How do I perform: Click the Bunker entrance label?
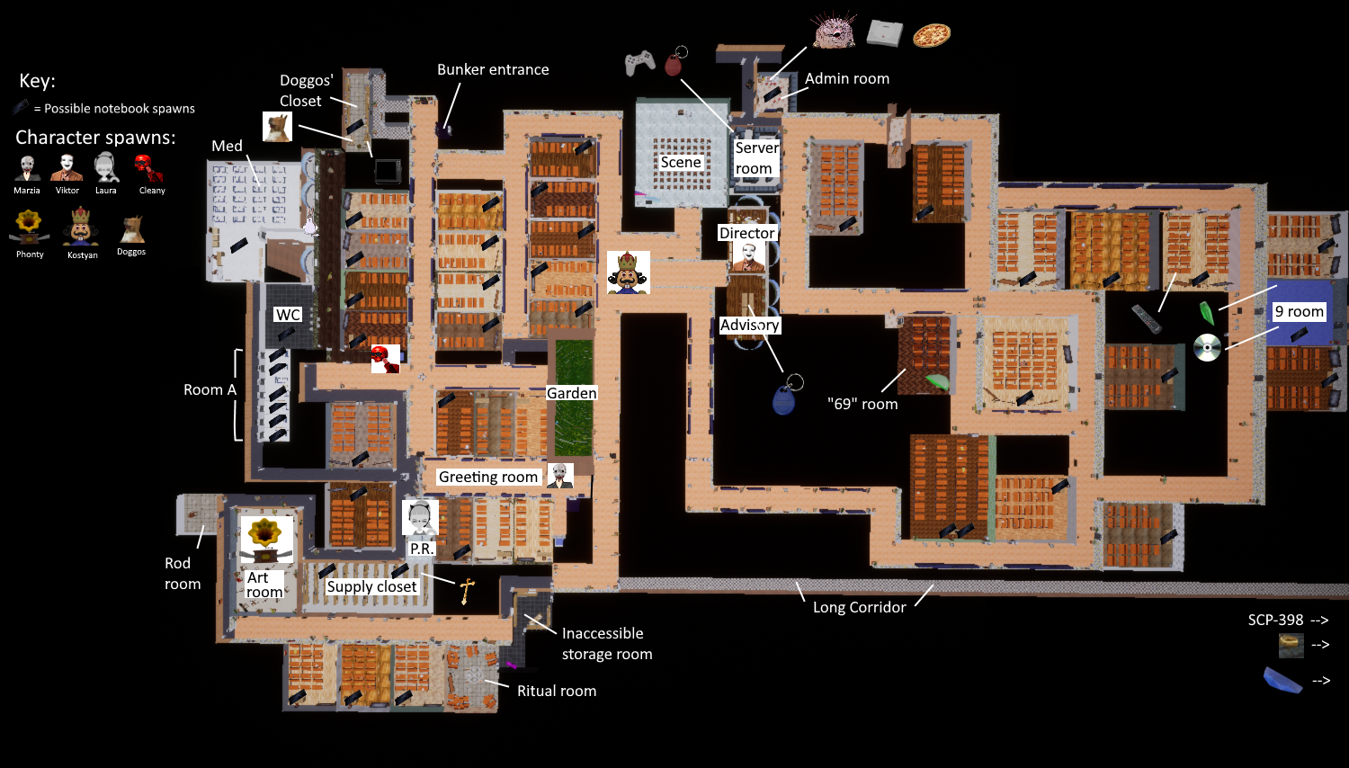pyautogui.click(x=493, y=69)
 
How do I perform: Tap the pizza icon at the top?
pyautogui.click(x=932, y=35)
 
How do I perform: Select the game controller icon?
pyautogui.click(x=639, y=62)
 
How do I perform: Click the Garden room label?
pyautogui.click(x=571, y=393)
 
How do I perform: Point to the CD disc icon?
pyautogui.click(x=1207, y=347)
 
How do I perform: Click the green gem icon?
pyautogui.click(x=1207, y=312)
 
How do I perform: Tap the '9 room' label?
pyautogui.click(x=1300, y=311)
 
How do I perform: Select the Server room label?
pyautogui.click(x=756, y=158)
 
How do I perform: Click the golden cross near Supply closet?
pyautogui.click(x=467, y=591)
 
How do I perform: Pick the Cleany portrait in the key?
pyautogui.click(x=149, y=168)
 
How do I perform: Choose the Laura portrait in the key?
pyautogui.click(x=106, y=168)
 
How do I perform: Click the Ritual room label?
pyautogui.click(x=556, y=691)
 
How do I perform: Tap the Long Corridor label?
pyautogui.click(x=859, y=607)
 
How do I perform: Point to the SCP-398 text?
pyautogui.click(x=1275, y=620)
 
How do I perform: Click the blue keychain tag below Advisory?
pyautogui.click(x=784, y=398)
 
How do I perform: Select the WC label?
pyautogui.click(x=288, y=315)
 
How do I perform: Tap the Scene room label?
pyautogui.click(x=681, y=162)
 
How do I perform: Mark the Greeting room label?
pyautogui.click(x=488, y=477)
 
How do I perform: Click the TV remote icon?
pyautogui.click(x=1147, y=319)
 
